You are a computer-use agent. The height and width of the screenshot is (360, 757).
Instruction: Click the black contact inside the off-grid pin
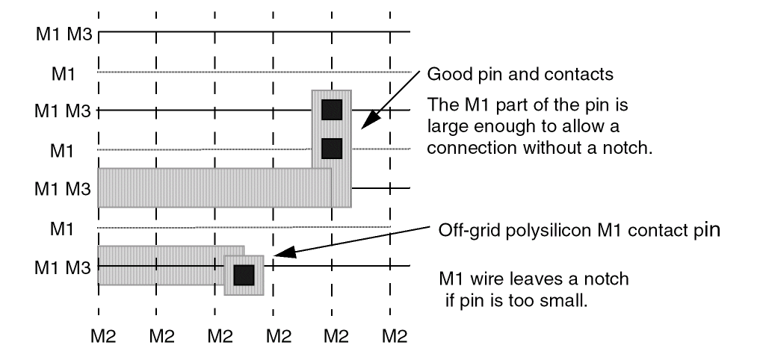tap(244, 275)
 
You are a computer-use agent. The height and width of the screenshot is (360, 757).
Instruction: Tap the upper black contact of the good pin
tap(332, 110)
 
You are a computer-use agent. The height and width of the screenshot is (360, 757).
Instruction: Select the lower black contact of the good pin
tap(332, 149)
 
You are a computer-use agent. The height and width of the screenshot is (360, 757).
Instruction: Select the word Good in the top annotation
tap(442, 75)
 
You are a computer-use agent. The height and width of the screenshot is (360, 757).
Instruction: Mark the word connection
tap(464, 148)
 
